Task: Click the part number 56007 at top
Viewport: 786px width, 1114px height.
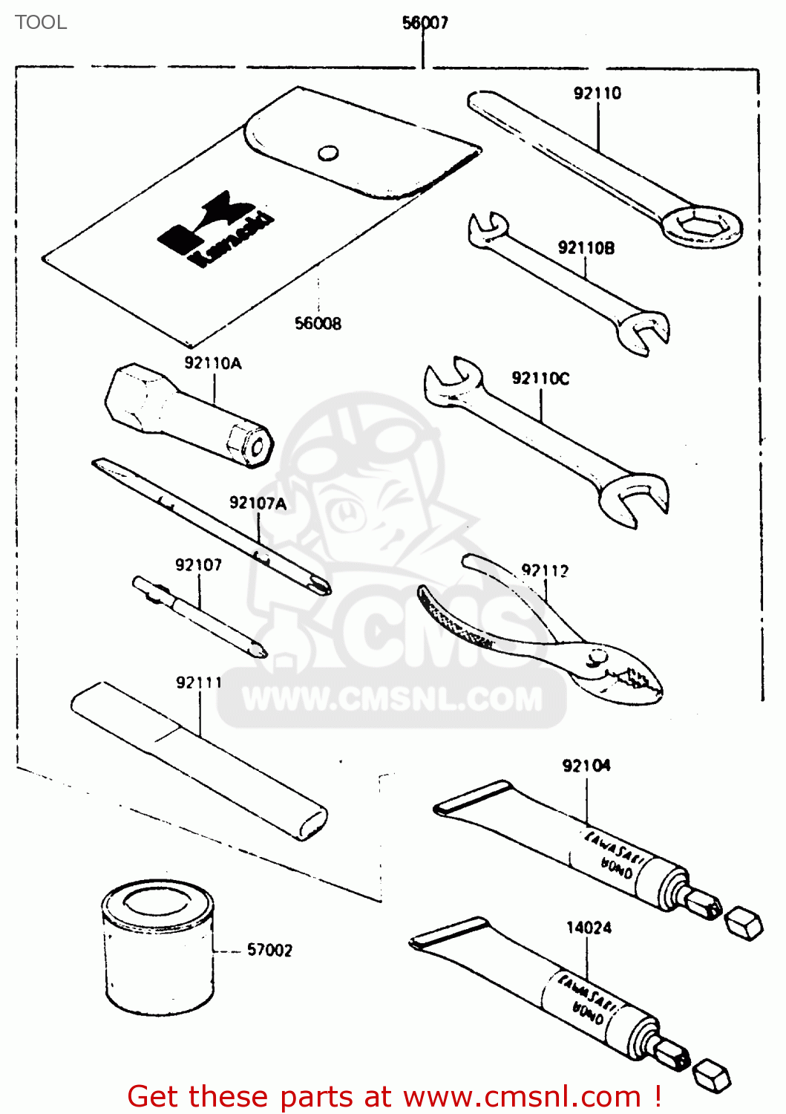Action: pyautogui.click(x=425, y=23)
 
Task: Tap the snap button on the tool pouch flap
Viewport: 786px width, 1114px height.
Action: pyautogui.click(x=328, y=153)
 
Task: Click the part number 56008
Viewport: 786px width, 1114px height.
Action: pyautogui.click(x=318, y=323)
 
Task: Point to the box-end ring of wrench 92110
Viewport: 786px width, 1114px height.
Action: pyautogui.click(x=701, y=227)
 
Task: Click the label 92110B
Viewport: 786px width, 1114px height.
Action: pyautogui.click(x=586, y=248)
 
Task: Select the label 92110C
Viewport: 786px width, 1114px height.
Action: pyautogui.click(x=540, y=378)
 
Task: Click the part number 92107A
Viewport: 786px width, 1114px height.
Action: pyautogui.click(x=258, y=503)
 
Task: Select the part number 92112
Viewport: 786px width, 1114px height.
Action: pyautogui.click(x=545, y=570)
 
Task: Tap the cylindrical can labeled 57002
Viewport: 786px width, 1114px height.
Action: pyautogui.click(x=158, y=948)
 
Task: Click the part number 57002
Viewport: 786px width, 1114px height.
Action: pyautogui.click(x=269, y=950)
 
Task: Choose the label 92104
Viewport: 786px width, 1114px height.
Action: pyautogui.click(x=586, y=766)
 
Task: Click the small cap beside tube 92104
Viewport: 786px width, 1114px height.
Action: pyautogui.click(x=744, y=923)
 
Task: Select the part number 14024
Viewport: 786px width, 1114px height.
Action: pyautogui.click(x=589, y=928)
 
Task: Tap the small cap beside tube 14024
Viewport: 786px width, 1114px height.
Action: pyautogui.click(x=713, y=1075)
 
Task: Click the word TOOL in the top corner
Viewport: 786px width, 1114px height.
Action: pyautogui.click(x=41, y=22)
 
